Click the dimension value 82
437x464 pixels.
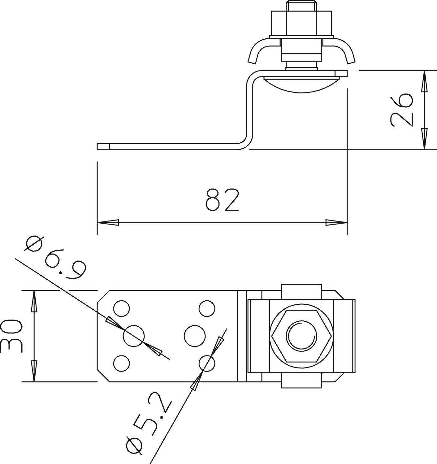coord(222,200)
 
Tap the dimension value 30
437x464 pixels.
coord(11,336)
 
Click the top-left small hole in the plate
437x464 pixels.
coord(121,308)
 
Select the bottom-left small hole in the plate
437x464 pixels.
coord(121,363)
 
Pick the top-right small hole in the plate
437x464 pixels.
coord(207,308)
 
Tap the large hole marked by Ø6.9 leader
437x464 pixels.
coord(134,336)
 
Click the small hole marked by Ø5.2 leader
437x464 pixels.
coord(207,363)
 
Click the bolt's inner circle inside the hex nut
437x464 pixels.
coord(302,336)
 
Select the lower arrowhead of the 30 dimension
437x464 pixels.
coord(34,371)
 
